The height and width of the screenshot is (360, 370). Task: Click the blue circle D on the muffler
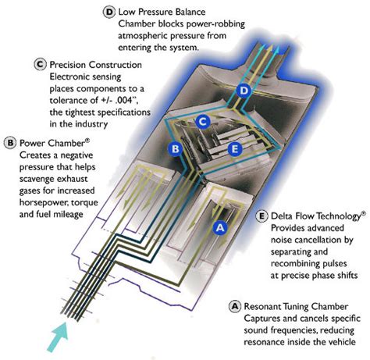244,91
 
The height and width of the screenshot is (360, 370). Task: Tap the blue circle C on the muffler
203,121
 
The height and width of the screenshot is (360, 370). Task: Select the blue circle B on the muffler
176,149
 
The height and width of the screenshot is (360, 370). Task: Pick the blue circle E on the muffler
235,149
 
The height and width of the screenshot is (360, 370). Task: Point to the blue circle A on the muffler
220,228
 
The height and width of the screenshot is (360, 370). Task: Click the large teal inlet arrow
58,336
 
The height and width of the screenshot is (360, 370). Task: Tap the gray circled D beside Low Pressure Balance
109,12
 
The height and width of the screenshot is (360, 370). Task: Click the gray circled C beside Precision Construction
40,65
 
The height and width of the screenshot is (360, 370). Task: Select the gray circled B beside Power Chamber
10,143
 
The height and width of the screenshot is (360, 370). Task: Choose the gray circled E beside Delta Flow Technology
261,216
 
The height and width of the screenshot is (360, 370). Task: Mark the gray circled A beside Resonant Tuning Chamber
235,306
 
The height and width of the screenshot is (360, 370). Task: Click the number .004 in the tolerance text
120,100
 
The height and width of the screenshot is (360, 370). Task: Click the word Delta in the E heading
283,216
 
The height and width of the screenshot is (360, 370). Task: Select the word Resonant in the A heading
262,306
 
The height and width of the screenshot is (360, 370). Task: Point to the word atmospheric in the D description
144,36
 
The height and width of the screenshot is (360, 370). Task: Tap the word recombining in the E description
295,264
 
